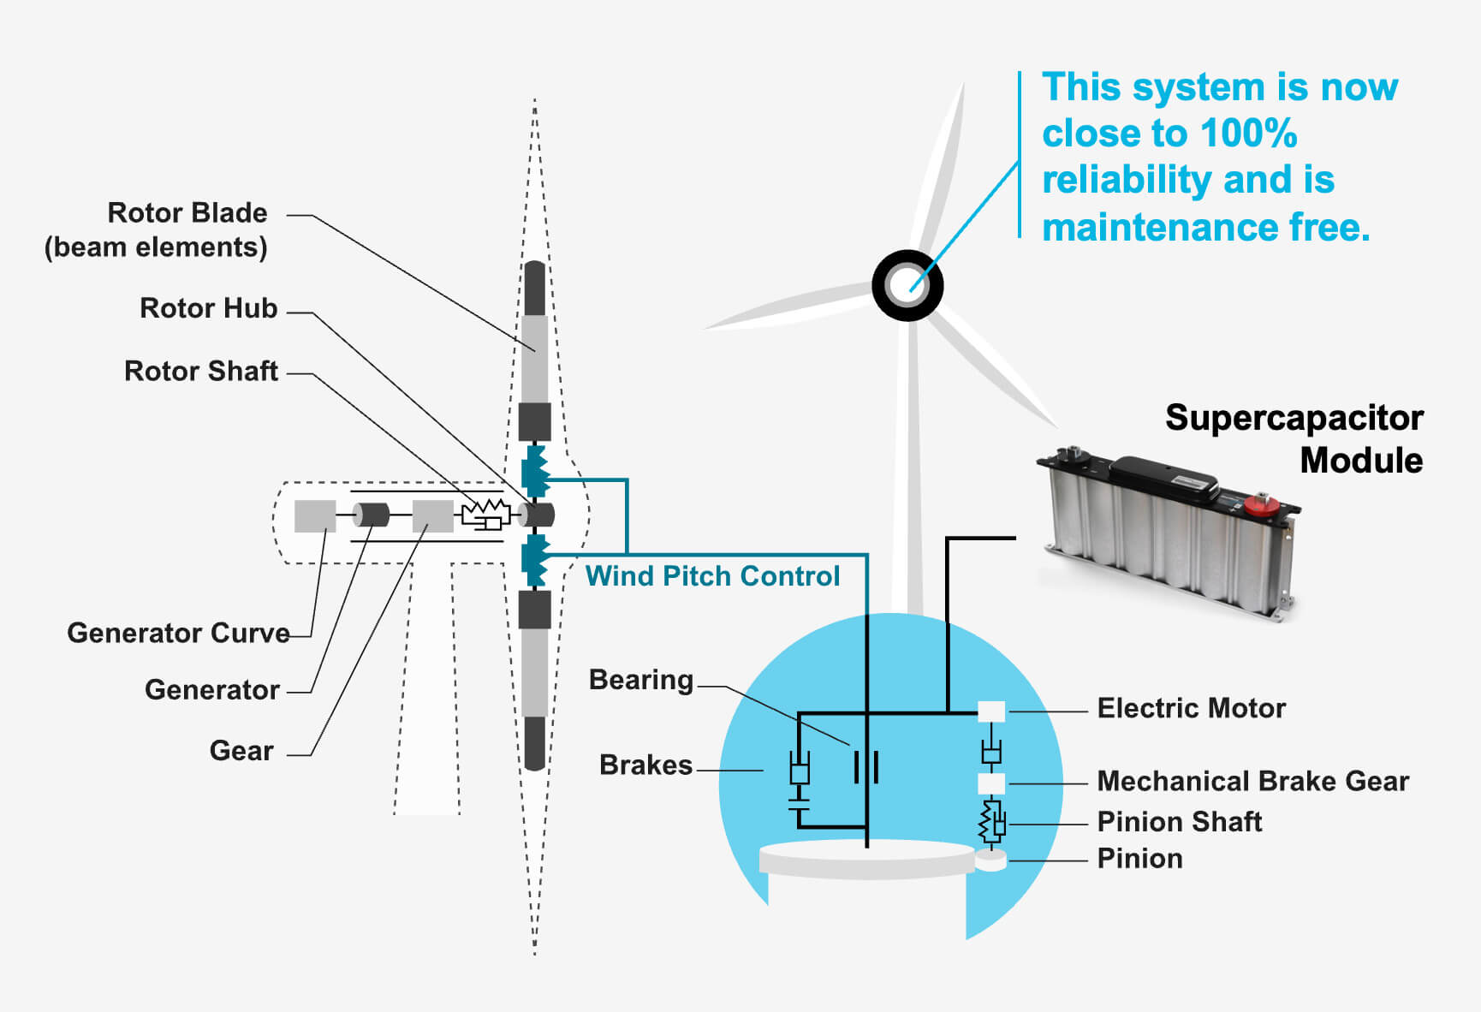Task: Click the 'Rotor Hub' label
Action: point(208,308)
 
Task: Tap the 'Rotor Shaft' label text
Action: point(201,372)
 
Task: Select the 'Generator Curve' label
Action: point(178,634)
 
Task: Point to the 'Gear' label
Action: point(241,751)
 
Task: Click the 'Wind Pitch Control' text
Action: point(712,576)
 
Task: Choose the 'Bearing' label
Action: point(640,680)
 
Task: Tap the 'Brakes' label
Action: point(645,765)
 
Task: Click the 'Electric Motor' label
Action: point(1191,709)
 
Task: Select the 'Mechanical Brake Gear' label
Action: point(1252,782)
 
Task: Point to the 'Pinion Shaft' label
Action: point(1179,822)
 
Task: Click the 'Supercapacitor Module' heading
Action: point(1294,438)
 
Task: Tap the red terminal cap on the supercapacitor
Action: point(1260,503)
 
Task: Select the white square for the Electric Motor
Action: point(991,711)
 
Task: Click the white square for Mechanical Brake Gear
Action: point(991,783)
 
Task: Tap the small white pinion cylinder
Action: point(990,860)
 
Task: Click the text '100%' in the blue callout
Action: point(1248,134)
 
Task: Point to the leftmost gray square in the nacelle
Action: point(315,516)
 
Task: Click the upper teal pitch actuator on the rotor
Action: point(535,470)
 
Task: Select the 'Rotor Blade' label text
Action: point(187,213)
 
